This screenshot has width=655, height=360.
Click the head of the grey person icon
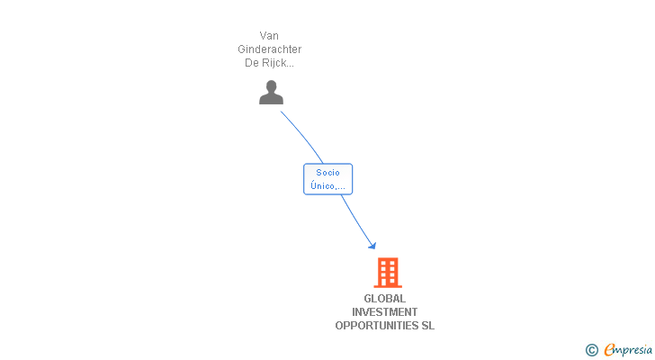point(271,86)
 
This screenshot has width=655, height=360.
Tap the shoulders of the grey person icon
point(271,99)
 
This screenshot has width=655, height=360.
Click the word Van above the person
point(269,36)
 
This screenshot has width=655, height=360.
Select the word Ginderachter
point(269,49)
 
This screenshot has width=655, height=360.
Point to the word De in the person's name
point(252,63)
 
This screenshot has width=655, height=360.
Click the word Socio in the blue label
point(327,173)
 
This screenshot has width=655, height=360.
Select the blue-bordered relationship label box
point(327,179)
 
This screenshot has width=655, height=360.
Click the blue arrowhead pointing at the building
point(372,245)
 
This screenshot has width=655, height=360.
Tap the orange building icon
point(387,272)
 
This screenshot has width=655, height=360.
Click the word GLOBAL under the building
point(385,299)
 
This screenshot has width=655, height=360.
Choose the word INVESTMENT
point(385,312)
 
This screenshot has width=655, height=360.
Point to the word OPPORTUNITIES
point(377,326)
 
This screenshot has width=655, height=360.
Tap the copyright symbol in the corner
point(591,349)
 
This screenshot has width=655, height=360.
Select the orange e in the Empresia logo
point(609,349)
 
